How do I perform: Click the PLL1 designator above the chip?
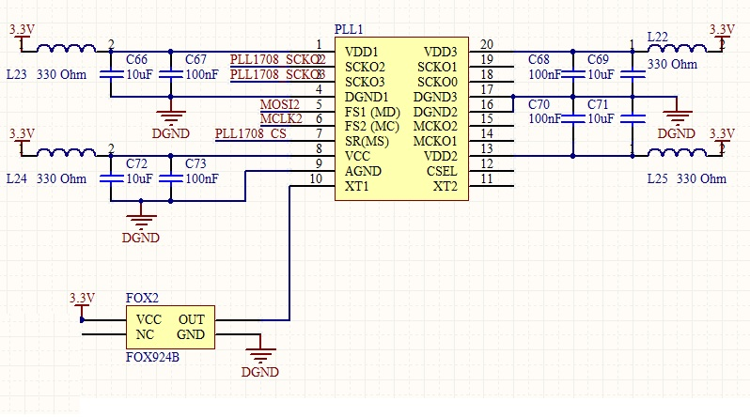click(349, 30)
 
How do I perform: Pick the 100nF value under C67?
click(202, 74)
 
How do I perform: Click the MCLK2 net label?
click(280, 118)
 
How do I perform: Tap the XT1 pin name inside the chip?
click(357, 186)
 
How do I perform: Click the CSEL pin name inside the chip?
click(442, 171)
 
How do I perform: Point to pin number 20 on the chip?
click(486, 44)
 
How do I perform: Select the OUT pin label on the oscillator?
click(192, 319)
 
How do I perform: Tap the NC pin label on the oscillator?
click(145, 334)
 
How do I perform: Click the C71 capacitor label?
click(598, 103)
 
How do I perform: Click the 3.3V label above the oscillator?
click(83, 298)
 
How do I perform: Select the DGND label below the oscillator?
click(259, 372)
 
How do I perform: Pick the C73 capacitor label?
click(195, 163)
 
